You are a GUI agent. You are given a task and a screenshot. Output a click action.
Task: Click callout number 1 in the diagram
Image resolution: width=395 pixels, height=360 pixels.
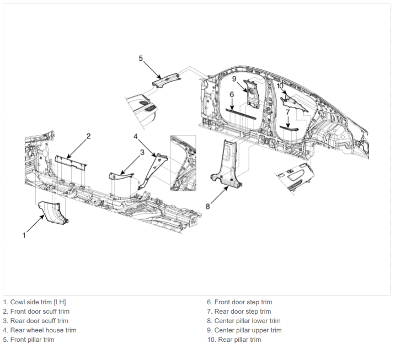(24, 235)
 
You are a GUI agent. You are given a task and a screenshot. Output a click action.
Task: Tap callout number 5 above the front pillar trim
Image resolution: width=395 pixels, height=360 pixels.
(141, 58)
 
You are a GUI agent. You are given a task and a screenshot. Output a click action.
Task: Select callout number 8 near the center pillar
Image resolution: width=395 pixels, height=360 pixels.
(207, 206)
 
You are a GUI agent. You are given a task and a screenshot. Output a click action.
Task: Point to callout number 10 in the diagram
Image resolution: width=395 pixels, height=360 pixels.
(280, 86)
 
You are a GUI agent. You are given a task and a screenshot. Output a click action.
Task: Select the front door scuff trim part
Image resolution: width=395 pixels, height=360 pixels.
(71, 162)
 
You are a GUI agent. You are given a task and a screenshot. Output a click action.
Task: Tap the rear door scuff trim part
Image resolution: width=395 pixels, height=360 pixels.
(121, 175)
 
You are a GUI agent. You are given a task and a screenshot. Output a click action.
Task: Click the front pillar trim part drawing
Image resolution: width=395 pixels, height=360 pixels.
(166, 79)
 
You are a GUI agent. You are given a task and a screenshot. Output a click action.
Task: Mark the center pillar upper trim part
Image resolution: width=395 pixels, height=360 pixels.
(252, 94)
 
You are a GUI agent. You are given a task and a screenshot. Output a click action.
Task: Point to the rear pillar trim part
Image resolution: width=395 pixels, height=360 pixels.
(294, 103)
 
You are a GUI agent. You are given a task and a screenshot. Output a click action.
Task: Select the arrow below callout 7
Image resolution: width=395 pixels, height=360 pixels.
(288, 122)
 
